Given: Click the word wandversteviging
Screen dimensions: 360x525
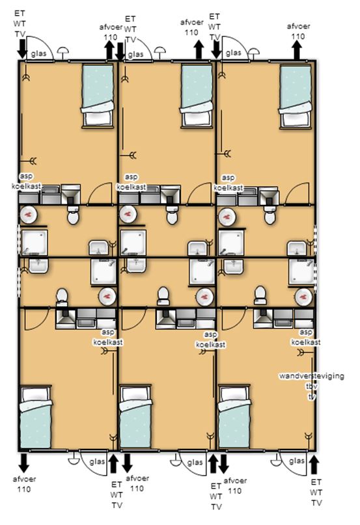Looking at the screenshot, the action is tap(312, 375).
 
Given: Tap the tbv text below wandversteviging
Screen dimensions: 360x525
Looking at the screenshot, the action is tap(311, 386).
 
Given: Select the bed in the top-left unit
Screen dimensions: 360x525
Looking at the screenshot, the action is tap(98, 96).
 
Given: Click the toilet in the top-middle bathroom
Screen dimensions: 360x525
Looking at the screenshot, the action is tap(172, 215).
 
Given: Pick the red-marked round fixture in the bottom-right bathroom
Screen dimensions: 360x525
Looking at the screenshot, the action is tap(303, 297).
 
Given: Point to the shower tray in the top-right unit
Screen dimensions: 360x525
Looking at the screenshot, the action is tap(231, 243).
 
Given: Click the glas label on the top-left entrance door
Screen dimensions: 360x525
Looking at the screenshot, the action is tap(39, 54).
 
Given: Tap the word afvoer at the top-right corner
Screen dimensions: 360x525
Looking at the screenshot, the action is tap(298, 26).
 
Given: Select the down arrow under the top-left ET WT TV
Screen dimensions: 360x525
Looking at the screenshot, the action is tap(22, 49).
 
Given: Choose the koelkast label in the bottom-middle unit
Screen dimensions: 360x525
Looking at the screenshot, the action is tap(210, 344).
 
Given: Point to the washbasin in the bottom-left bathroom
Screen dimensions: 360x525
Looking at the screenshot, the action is tap(39, 265).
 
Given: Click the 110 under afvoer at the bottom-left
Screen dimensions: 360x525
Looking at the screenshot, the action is tap(24, 489).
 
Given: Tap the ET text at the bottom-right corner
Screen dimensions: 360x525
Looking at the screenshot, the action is tap(316, 482).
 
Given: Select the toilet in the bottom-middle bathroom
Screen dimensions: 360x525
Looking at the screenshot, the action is tap(163, 296).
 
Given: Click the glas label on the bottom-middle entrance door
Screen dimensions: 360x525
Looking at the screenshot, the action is tap(195, 463).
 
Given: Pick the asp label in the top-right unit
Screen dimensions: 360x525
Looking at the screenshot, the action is tap(228, 178).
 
